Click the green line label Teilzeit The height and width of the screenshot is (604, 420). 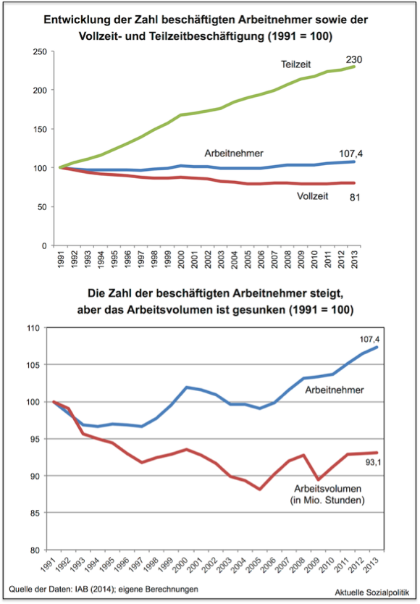click(x=296, y=64)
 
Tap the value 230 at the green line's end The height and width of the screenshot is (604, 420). click(x=353, y=59)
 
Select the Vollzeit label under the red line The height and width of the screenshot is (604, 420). click(x=313, y=196)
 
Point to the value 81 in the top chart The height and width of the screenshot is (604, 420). click(x=355, y=198)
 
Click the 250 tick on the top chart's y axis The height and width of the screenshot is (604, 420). click(x=41, y=51)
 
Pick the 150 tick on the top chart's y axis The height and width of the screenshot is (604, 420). click(x=41, y=130)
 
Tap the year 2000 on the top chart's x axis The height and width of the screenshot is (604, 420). click(x=181, y=259)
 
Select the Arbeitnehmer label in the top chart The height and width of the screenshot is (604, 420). click(x=234, y=154)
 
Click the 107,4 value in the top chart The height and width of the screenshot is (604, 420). click(x=350, y=154)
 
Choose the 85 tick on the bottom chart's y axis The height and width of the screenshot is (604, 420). click(x=35, y=513)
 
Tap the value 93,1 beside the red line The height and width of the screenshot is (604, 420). click(x=373, y=463)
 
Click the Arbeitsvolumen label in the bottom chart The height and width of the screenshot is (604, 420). click(x=328, y=489)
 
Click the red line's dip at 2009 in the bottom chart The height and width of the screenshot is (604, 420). click(x=317, y=480)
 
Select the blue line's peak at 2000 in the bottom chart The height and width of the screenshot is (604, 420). click(x=187, y=387)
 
